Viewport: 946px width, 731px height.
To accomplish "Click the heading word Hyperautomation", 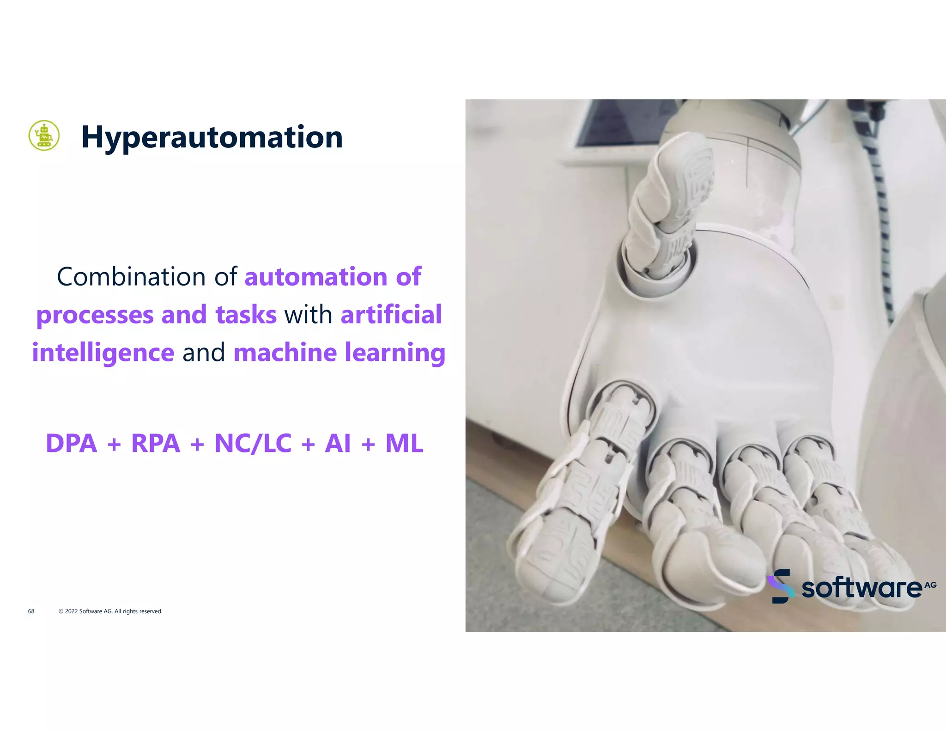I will pos(212,137).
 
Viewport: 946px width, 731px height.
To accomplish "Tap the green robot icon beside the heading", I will pos(44,135).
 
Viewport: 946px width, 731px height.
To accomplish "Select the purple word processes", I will pos(94,315).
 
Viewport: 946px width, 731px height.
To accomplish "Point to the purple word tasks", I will pos(246,315).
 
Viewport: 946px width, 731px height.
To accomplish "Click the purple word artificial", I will pos(391,315).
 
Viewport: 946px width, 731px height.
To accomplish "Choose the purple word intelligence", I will pos(103,353).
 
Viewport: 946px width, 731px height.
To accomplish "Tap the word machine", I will pos(285,353).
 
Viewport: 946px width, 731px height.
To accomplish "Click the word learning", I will pos(395,353).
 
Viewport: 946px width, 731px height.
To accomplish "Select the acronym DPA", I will pos(72,444).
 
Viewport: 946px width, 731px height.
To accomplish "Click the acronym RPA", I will pos(156,444).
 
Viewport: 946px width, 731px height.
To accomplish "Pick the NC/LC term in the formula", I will pos(253,444).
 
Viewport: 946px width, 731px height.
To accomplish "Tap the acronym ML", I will pos(404,444).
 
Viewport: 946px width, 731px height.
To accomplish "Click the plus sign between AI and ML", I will pos(368,445).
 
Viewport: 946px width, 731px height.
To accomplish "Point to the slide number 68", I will pos(31,611).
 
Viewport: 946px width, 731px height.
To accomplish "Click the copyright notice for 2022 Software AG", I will pos(110,611).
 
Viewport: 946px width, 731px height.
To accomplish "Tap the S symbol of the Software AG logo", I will pos(781,586).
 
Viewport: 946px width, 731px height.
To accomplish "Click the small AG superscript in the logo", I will pos(930,585).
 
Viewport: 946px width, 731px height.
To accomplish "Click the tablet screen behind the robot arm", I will pos(619,122).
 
